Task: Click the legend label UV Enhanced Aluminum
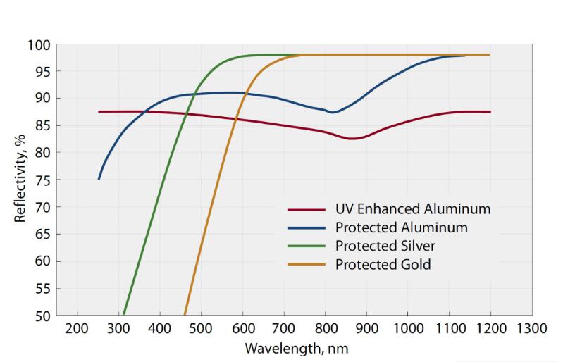(412, 209)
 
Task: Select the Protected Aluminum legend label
(401, 227)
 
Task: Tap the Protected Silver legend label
(385, 246)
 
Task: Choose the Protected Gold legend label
(382, 265)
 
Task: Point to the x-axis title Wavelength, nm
(296, 348)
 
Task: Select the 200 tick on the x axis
(76, 329)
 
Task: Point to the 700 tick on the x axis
(283, 329)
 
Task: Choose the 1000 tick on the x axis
(407, 329)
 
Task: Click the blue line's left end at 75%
(99, 179)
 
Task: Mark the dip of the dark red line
(352, 139)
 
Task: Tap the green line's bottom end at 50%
(124, 315)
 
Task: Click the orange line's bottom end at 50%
(185, 315)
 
